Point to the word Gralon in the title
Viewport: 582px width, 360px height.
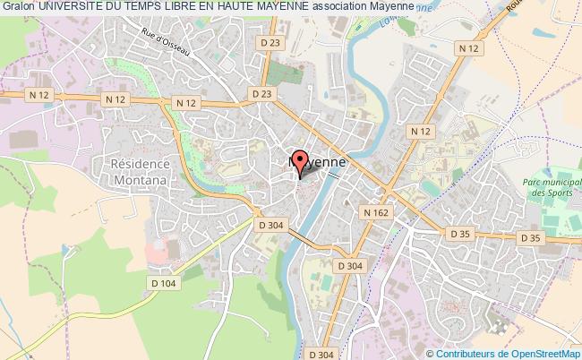(17, 7)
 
